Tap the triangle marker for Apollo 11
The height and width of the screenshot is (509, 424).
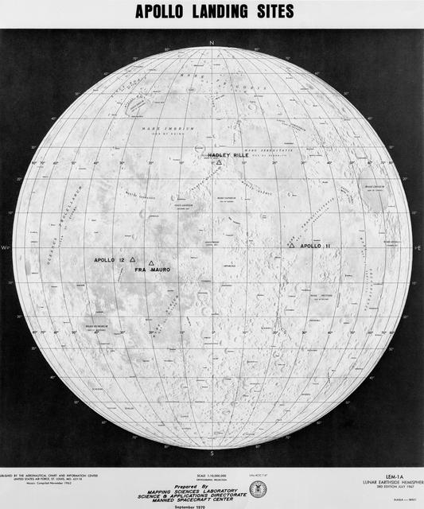point(292,246)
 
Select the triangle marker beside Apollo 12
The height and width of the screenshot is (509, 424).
point(133,259)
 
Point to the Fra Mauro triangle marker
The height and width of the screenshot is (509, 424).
point(151,263)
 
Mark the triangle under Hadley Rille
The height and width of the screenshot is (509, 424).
point(219,162)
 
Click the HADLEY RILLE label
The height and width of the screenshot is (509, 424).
point(225,155)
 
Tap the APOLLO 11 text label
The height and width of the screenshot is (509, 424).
point(316,247)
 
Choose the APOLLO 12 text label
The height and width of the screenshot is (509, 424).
point(111,260)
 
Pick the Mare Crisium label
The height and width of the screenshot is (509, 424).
point(374,187)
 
